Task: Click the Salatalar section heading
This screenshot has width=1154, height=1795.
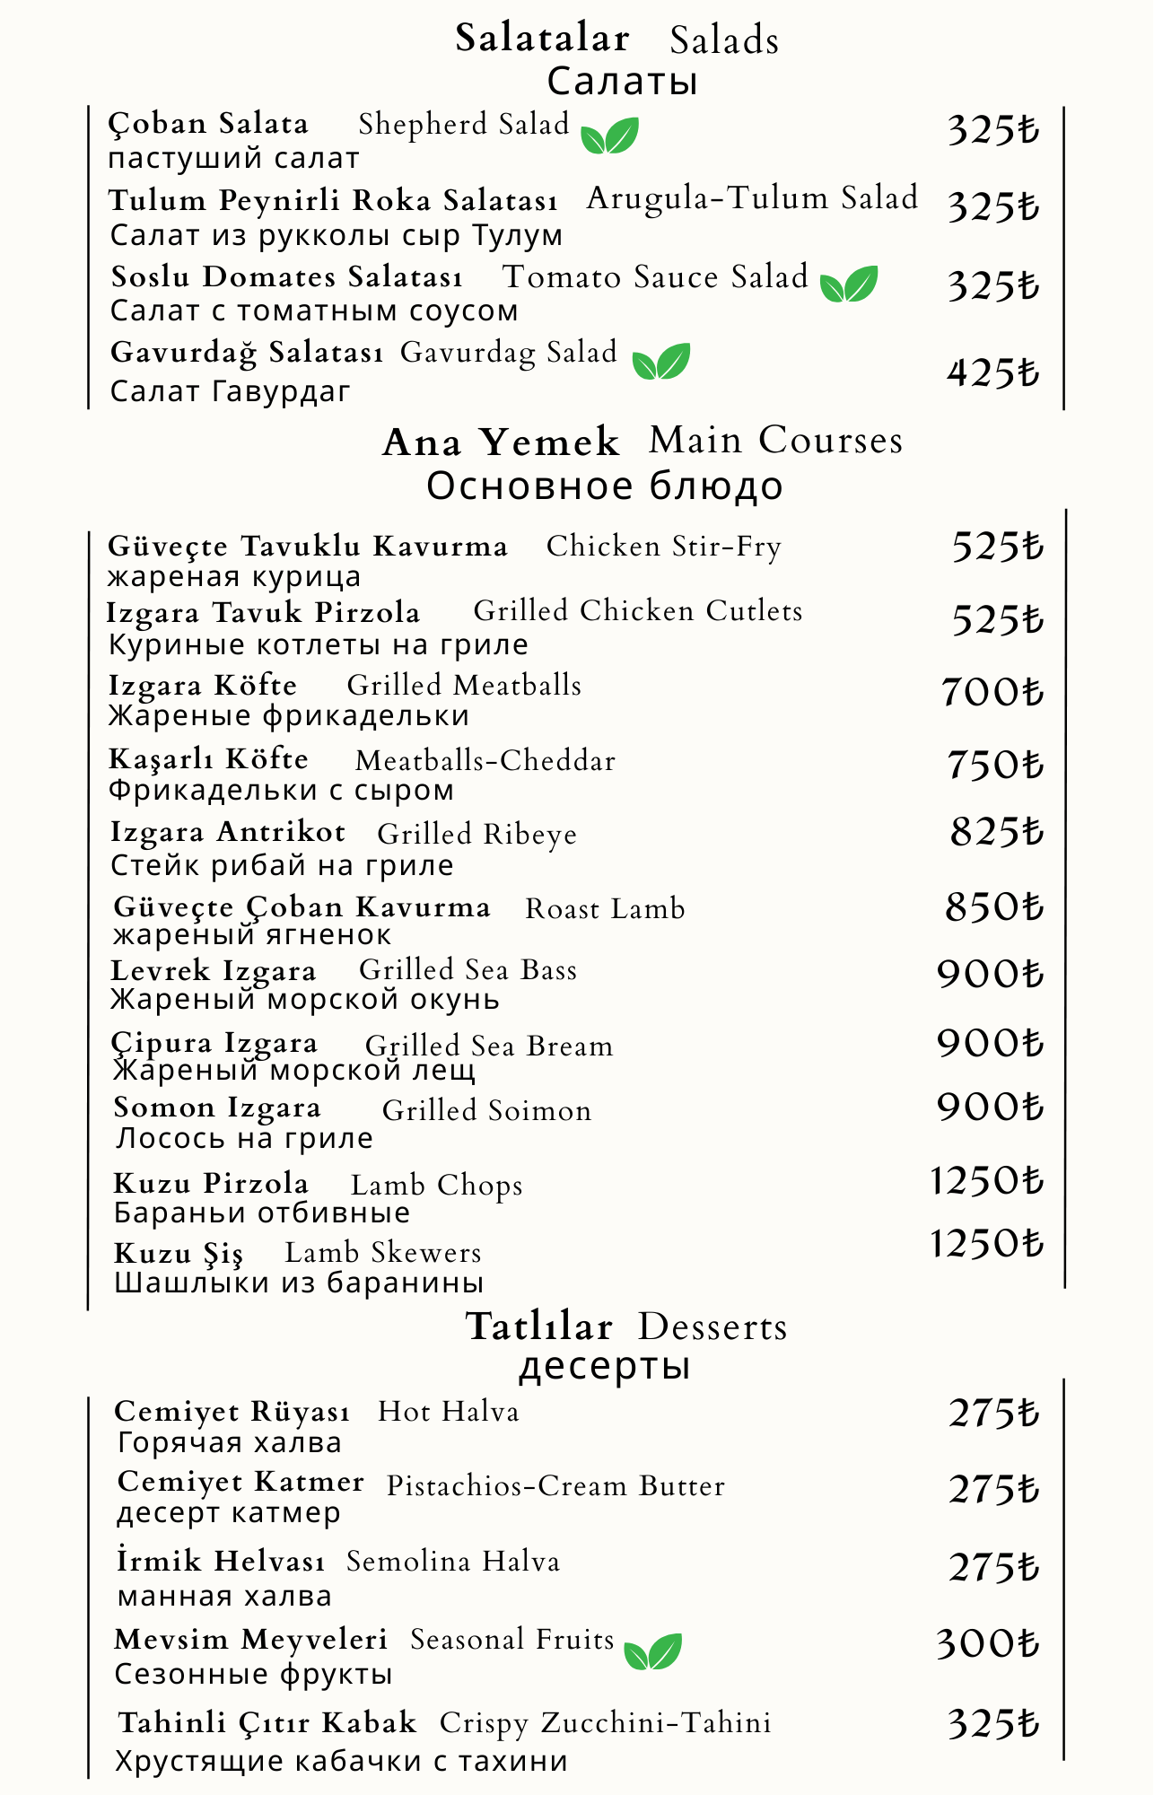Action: [x=542, y=39]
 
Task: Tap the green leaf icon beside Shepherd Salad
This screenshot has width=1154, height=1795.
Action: [x=609, y=136]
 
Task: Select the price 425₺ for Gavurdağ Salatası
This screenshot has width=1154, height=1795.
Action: [x=992, y=372]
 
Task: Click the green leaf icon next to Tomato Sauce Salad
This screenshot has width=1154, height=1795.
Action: [x=848, y=285]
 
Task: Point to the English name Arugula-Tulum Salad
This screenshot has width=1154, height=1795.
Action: [x=752, y=198]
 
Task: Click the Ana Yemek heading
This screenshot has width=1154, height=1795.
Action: [x=501, y=442]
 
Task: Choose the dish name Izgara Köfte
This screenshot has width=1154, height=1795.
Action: [x=203, y=686]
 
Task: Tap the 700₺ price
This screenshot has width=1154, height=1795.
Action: [x=992, y=693]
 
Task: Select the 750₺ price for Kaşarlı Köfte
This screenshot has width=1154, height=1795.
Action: [x=994, y=766]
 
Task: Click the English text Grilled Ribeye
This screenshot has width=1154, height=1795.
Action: [x=476, y=834]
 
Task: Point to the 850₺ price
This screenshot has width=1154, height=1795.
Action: [x=993, y=907]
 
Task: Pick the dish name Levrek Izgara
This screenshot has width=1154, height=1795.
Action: [x=214, y=971]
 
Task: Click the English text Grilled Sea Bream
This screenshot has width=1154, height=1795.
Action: [x=489, y=1046]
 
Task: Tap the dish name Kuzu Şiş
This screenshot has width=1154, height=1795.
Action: [x=179, y=1253]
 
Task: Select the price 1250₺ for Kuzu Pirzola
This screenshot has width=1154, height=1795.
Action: [x=986, y=1181]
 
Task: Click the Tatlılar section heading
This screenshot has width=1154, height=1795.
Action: [x=539, y=1327]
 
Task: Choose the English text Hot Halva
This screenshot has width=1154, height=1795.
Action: [x=448, y=1412]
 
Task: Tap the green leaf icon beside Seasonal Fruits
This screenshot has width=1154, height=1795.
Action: [x=652, y=1651]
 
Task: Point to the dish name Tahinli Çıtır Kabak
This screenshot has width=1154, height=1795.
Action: [x=267, y=1723]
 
